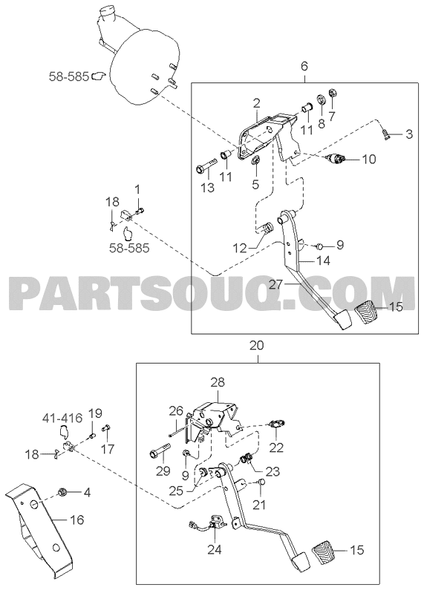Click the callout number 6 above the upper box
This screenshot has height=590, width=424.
[x=304, y=66]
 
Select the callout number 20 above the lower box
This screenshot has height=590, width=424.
[x=256, y=345]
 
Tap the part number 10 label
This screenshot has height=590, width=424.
[x=369, y=159]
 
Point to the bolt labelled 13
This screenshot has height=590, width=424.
[x=206, y=167]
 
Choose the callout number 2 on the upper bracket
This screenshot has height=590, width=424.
[x=256, y=102]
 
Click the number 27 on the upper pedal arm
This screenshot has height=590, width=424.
[x=275, y=285]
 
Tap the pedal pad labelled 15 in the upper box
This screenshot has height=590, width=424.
[x=366, y=312]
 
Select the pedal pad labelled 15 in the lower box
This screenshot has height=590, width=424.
[x=323, y=551]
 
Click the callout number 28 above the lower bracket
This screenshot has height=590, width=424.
[x=218, y=383]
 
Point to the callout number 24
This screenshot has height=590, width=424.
[x=214, y=549]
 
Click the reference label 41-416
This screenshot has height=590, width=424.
[x=62, y=418]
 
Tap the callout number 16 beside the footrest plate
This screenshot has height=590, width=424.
[x=76, y=520]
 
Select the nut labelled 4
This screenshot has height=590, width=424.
[x=62, y=491]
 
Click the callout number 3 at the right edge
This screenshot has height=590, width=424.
[x=408, y=134]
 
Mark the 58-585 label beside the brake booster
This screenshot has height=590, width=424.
[x=68, y=77]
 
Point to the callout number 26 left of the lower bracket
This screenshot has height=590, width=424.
[x=176, y=410]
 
